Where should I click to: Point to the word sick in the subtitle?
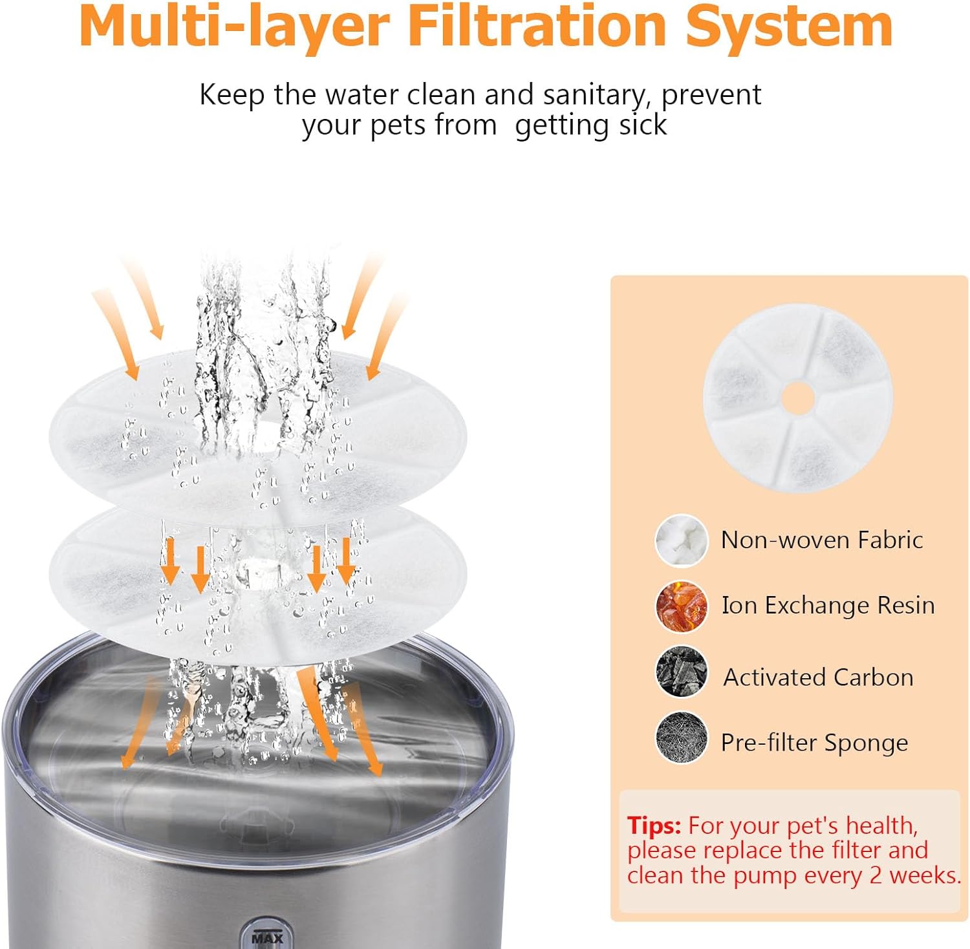643,125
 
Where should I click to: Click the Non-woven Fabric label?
821,540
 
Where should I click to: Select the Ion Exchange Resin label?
828,606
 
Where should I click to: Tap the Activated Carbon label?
818,677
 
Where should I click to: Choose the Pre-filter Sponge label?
814,743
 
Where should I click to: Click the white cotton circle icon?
681,540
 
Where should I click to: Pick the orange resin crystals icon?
681,606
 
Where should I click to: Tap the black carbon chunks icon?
681,672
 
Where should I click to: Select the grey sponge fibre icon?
681,738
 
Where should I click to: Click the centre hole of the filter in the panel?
798,398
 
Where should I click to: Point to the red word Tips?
654,826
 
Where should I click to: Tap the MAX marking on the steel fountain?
267,937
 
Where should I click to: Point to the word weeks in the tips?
925,875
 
